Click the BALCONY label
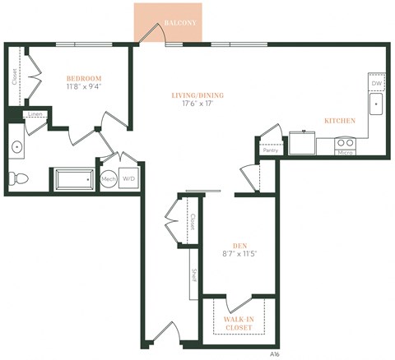179,24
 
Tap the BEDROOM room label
84,78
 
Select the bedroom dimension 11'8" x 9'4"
84,88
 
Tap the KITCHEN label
339,121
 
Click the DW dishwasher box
376,84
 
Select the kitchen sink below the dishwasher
376,104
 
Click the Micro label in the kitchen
345,152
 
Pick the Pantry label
269,150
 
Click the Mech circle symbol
109,178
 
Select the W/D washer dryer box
129,178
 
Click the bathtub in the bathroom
76,179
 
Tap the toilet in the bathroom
21,178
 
